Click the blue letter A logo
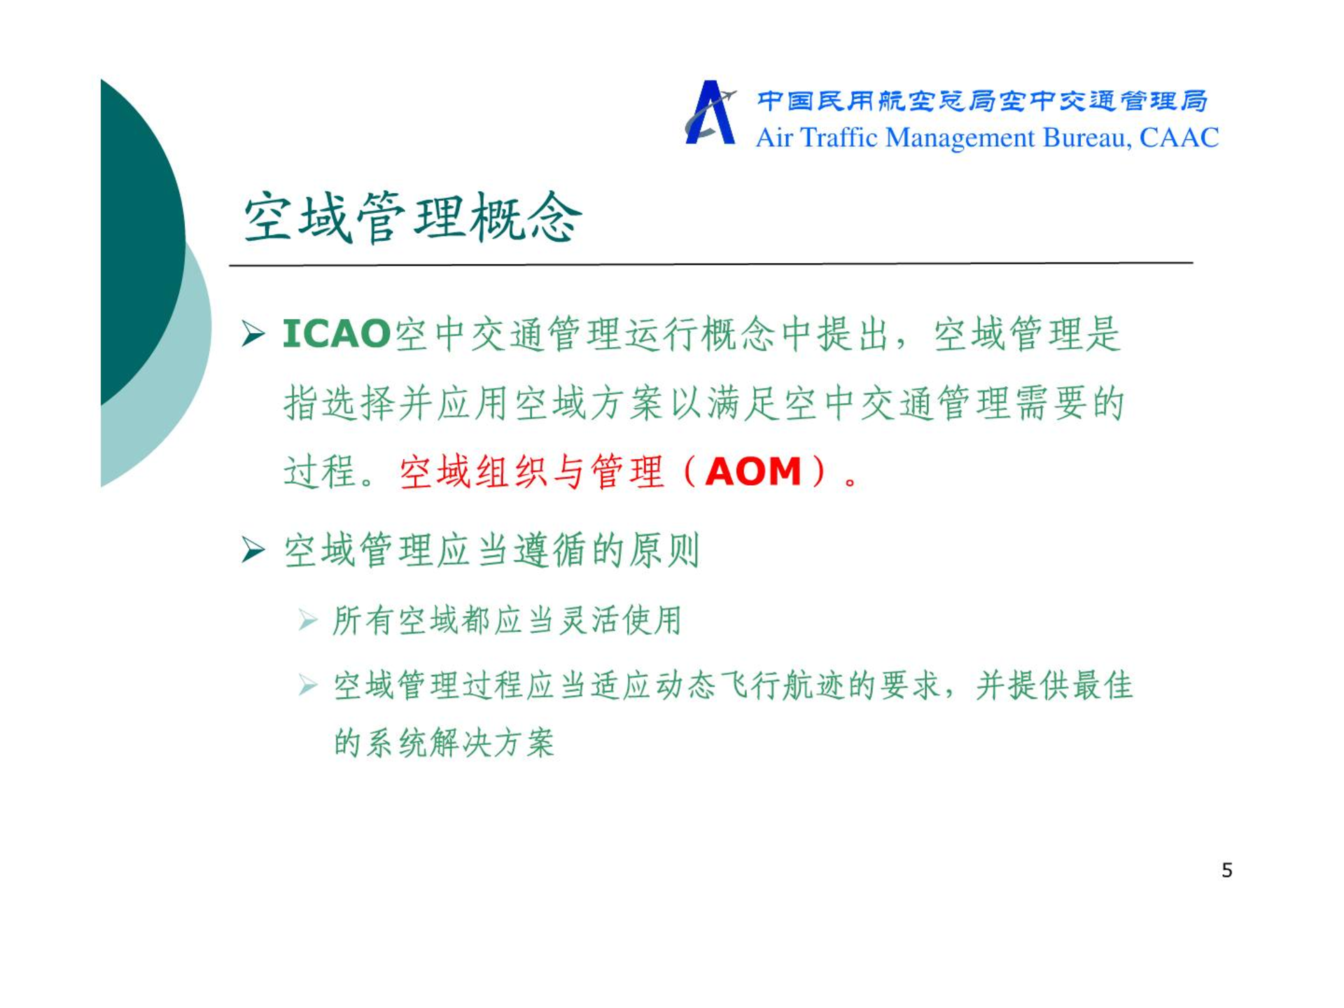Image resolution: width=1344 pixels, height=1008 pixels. click(x=710, y=113)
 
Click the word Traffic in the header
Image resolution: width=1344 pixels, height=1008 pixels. click(x=838, y=138)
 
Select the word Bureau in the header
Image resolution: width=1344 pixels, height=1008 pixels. click(x=1086, y=139)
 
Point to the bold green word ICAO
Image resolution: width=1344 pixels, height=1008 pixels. click(x=336, y=333)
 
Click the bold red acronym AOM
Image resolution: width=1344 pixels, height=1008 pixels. click(x=753, y=471)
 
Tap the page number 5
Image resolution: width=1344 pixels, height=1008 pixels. click(x=1226, y=870)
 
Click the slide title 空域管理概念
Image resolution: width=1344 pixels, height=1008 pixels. click(x=412, y=218)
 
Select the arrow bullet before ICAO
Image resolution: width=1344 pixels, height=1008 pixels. click(x=253, y=334)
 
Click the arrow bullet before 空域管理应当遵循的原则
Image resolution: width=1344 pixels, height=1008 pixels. click(x=253, y=549)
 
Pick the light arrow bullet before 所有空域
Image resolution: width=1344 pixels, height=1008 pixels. click(x=308, y=620)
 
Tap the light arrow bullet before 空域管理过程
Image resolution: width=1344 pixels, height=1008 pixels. click(x=308, y=685)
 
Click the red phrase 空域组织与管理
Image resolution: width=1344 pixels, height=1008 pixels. click(x=531, y=471)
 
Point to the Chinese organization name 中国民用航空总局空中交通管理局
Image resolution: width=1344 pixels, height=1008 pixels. click(x=982, y=101)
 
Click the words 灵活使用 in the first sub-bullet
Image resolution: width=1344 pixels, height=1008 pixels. click(x=620, y=620)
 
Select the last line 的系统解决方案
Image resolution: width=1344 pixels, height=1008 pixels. click(x=444, y=743)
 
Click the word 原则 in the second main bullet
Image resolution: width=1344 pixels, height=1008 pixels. click(x=664, y=550)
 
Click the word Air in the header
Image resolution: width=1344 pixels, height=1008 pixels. click(x=774, y=138)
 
